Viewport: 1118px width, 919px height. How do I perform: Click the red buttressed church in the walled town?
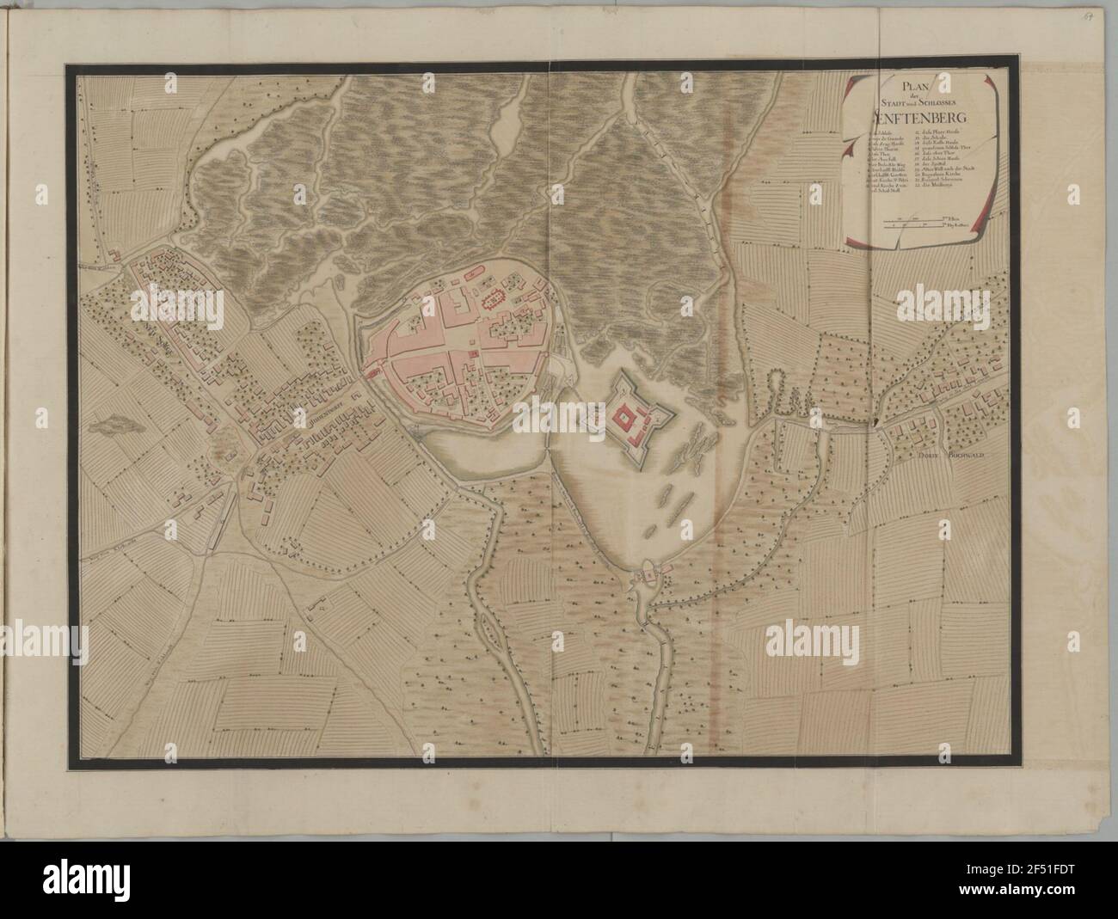[x=493, y=300]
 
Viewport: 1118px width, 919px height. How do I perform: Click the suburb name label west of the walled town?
[x=316, y=420]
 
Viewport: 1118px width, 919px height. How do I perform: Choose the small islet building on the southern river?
[x=645, y=573]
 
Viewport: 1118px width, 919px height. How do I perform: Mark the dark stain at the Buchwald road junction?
[x=875, y=422]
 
